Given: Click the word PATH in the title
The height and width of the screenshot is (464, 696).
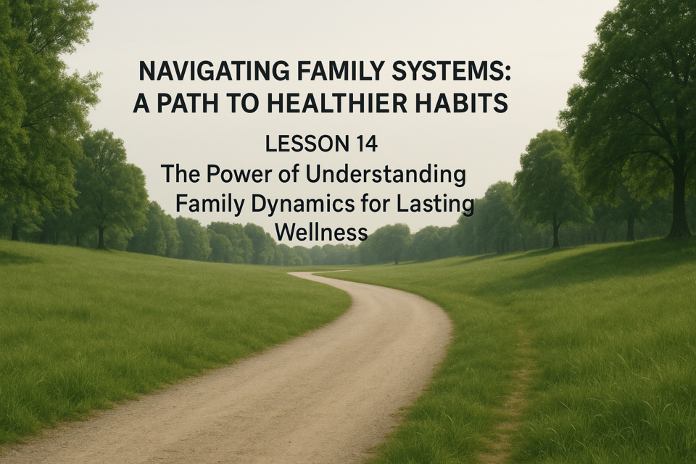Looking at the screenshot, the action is tap(188, 103).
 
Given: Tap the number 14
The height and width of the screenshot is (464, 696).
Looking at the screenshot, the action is tap(366, 144).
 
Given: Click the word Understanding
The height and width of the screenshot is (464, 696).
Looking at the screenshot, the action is tap(386, 175).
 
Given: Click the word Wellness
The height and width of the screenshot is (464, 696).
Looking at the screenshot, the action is tap(321, 232).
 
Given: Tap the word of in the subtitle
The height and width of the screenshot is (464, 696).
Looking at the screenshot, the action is tap(289, 174).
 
